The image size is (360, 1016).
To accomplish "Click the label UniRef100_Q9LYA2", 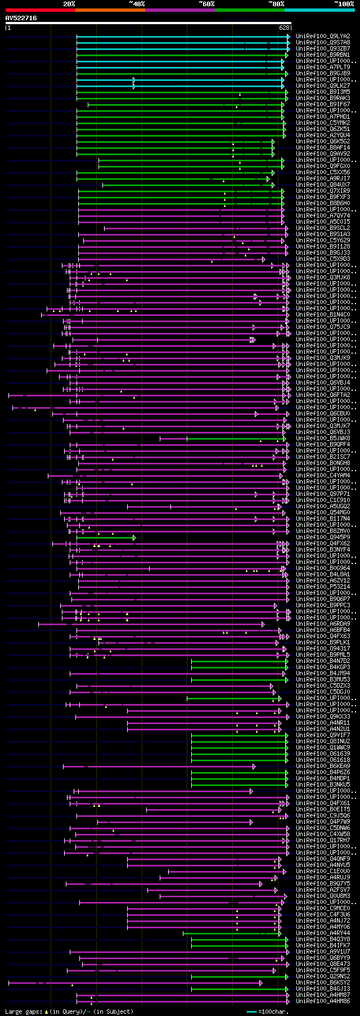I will pos(323,37).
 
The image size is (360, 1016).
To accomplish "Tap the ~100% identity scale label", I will pos(344,4).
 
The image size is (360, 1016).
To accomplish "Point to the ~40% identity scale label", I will pos(137,4).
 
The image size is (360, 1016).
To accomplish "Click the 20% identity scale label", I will pos(69,4).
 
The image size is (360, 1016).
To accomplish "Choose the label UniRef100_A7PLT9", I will pos(323,67).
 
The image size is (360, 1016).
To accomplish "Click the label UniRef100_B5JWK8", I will pos(323,438).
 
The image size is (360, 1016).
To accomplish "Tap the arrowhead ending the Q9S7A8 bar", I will pos(288,43).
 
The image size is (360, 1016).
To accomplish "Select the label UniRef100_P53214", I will pos(323,586).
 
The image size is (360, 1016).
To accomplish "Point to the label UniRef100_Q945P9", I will pos(323,538).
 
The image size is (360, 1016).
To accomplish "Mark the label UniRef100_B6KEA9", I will pos(323,766).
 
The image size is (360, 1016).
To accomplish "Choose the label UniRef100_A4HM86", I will pos(323,1001).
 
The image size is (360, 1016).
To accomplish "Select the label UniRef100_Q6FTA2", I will pos(323,395).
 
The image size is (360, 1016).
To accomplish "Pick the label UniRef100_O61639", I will pos(323,753).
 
